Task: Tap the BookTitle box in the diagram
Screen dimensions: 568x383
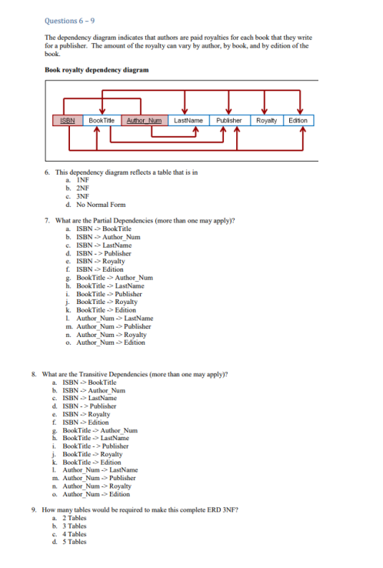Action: point(101,121)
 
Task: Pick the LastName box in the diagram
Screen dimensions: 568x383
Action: point(188,121)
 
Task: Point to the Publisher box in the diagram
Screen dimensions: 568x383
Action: point(229,121)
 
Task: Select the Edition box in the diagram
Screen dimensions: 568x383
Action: point(298,121)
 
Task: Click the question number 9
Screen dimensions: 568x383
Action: point(35,510)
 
